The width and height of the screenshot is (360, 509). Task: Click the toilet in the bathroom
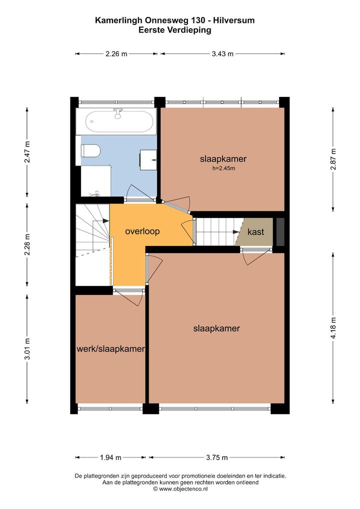pyautogui.click(x=91, y=151)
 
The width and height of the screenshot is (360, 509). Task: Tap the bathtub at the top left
pyautogui.click(x=119, y=121)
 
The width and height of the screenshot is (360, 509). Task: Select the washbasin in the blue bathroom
pyautogui.click(x=148, y=159)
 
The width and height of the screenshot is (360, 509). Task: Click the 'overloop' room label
pyautogui.click(x=142, y=231)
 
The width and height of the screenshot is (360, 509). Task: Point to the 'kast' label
pyautogui.click(x=256, y=232)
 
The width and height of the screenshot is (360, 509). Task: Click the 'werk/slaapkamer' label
pyautogui.click(x=110, y=349)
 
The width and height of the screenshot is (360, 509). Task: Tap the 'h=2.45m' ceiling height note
pyautogui.click(x=223, y=168)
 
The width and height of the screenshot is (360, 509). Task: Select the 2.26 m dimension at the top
pyautogui.click(x=116, y=54)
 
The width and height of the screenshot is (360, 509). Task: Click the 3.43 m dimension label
pyautogui.click(x=222, y=54)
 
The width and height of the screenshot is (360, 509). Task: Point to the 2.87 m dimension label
pyautogui.click(x=333, y=159)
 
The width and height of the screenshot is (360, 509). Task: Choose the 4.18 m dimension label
pyautogui.click(x=333, y=328)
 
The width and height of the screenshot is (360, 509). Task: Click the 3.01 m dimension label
pyautogui.click(x=27, y=349)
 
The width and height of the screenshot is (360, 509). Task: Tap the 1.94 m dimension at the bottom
pyautogui.click(x=110, y=457)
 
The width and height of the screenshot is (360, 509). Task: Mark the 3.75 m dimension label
pyautogui.click(x=217, y=457)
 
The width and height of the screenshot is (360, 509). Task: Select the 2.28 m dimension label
pyautogui.click(x=27, y=245)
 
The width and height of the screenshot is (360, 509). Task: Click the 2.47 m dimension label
pyautogui.click(x=27, y=152)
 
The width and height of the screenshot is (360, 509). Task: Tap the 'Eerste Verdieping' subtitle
pyautogui.click(x=174, y=30)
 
